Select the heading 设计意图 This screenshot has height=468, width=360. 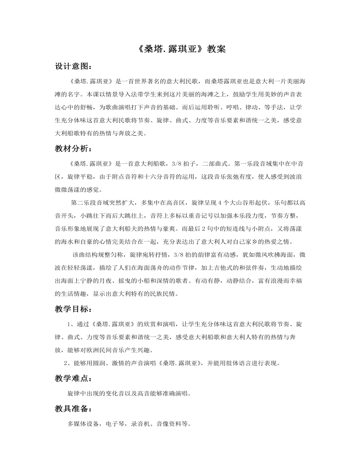point(71,66)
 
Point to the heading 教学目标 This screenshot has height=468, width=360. point(71,309)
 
